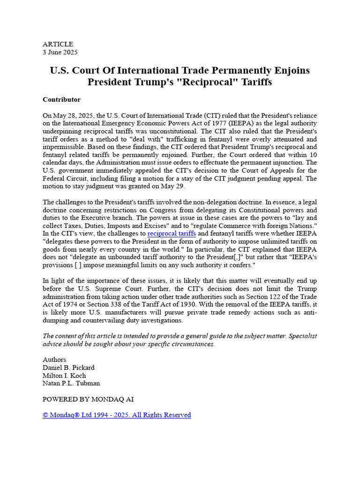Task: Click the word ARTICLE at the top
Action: tap(58, 44)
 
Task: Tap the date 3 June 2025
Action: tap(60, 52)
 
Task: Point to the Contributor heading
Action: tap(61, 99)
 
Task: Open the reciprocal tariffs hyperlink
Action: tap(172, 233)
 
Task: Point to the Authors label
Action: tap(54, 360)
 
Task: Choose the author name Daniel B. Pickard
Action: tap(68, 367)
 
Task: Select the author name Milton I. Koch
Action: tap(64, 375)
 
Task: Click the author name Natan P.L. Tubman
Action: tap(71, 383)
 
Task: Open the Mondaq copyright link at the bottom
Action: tap(117, 415)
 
